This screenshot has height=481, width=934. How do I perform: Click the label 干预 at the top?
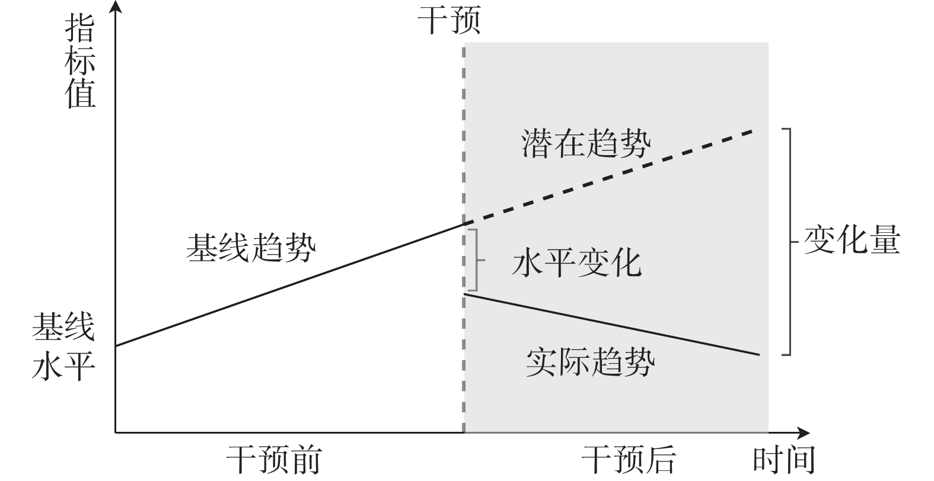click(448, 21)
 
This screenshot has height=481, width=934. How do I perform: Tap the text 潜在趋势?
click(586, 143)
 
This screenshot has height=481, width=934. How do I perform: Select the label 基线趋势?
click(251, 247)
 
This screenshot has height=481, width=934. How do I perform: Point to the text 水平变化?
click(576, 264)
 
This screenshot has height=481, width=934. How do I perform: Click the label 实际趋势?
click(591, 363)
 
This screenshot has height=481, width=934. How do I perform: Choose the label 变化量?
click(852, 240)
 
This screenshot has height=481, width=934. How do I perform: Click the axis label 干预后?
click(629, 460)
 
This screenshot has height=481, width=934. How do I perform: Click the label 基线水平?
click(63, 346)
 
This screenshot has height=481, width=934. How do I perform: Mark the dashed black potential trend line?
click(611, 177)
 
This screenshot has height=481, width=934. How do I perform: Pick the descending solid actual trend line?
click(611, 323)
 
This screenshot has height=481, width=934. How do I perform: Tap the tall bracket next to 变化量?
click(789, 242)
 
